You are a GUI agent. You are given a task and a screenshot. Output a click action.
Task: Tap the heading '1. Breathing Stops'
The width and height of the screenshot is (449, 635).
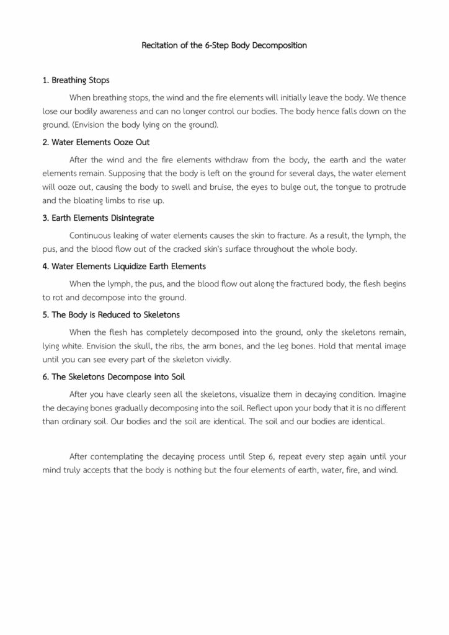pos(76,81)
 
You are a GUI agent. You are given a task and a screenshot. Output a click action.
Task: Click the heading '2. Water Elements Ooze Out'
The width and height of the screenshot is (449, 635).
pos(96,142)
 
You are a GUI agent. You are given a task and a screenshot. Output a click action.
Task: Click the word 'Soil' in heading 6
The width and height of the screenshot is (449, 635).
pos(177,377)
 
